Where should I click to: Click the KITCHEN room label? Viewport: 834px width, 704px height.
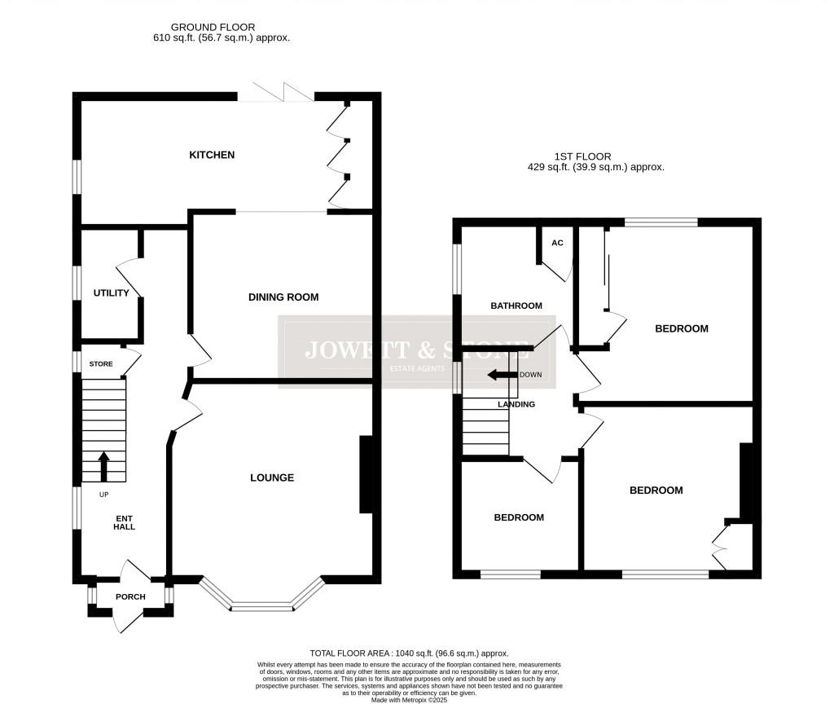[212, 155]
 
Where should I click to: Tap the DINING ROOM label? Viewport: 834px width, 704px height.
[283, 297]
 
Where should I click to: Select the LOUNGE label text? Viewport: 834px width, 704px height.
[271, 477]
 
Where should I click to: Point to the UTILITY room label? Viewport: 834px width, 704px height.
[111, 293]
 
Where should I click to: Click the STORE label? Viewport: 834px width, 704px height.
[102, 364]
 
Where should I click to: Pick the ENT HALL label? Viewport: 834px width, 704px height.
[124, 521]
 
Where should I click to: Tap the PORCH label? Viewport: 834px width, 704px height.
[130, 597]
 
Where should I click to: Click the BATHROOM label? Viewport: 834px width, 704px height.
[516, 306]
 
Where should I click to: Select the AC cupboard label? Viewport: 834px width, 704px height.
[557, 243]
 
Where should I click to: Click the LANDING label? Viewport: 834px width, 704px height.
[516, 404]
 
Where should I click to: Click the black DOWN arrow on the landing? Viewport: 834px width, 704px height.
[505, 376]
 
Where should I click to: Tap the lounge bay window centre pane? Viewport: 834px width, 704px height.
[261, 606]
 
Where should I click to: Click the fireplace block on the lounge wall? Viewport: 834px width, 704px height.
[366, 475]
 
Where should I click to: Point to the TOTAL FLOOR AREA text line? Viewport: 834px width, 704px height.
[409, 653]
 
